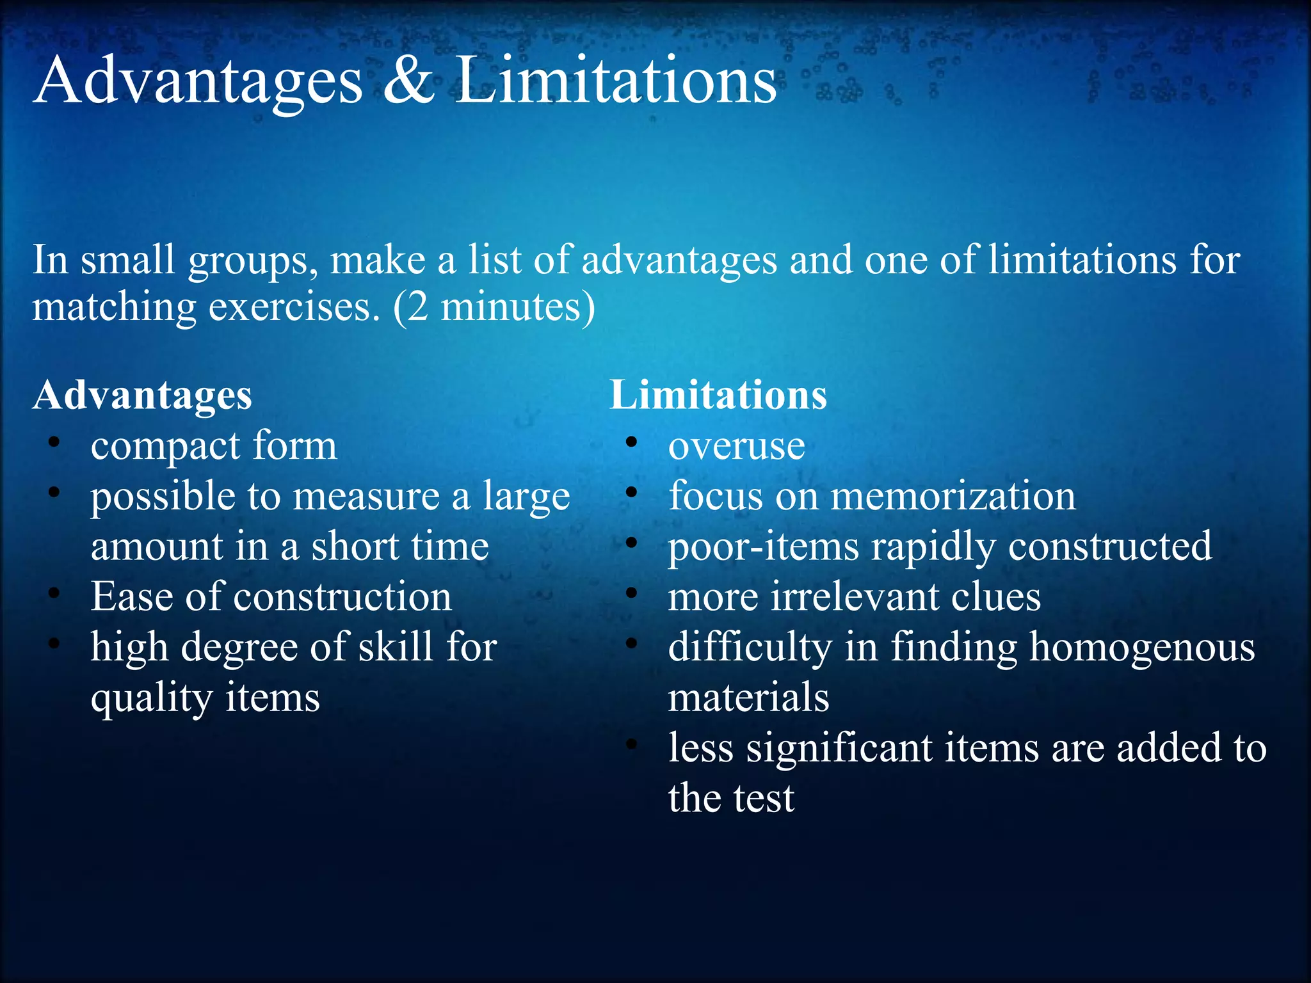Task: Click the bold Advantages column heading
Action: click(x=143, y=395)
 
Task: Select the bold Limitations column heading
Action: click(x=718, y=395)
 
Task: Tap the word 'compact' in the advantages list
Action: click(x=166, y=446)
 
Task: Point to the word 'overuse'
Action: click(x=736, y=446)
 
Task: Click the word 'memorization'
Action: click(x=953, y=496)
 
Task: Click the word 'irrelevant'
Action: click(x=855, y=596)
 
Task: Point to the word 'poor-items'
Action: click(x=763, y=547)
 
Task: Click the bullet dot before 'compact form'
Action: click(x=54, y=442)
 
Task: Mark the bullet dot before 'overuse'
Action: click(x=632, y=442)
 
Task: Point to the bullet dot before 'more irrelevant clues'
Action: click(x=632, y=593)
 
